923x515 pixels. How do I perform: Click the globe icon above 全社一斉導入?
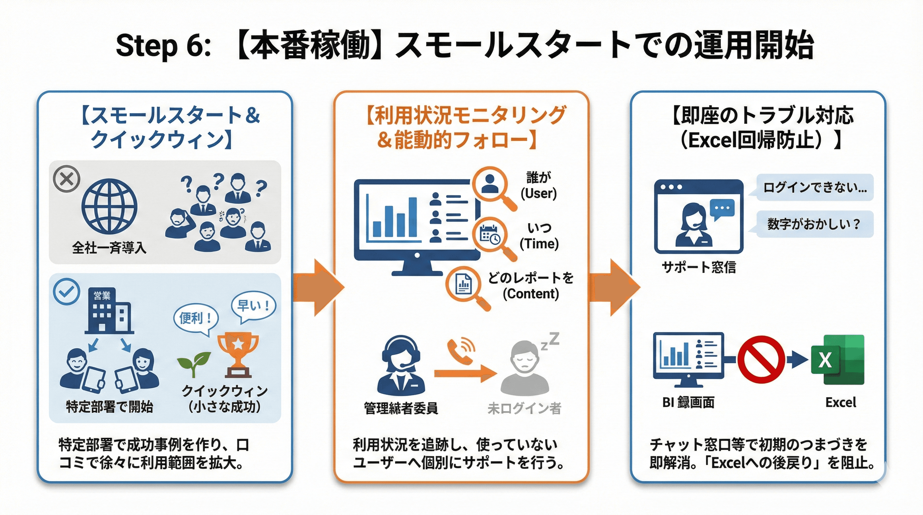(109, 207)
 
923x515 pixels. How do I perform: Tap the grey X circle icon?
(67, 179)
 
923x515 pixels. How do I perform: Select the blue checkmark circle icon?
(67, 291)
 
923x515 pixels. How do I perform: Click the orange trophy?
(238, 354)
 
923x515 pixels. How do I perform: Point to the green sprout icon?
(194, 363)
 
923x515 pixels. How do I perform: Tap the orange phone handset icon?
(460, 351)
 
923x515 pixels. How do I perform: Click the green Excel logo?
(838, 359)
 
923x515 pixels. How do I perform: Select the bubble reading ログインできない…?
(814, 187)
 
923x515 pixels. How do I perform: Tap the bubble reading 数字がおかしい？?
(814, 224)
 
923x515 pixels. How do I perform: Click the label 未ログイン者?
(524, 408)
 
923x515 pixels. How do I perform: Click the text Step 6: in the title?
(163, 46)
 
